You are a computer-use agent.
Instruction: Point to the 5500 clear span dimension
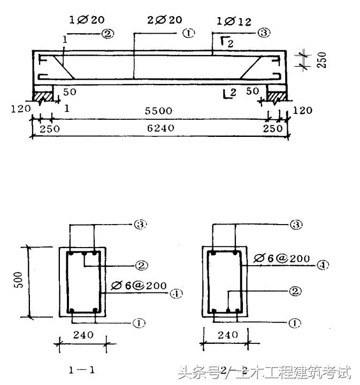click(x=159, y=111)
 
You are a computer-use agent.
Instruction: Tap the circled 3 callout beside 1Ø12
click(x=263, y=33)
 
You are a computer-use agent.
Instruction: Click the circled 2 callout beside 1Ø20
click(x=108, y=34)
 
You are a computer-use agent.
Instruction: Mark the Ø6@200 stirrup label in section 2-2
click(x=282, y=258)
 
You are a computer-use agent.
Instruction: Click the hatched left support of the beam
click(x=43, y=95)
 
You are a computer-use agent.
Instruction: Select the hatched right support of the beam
click(x=277, y=95)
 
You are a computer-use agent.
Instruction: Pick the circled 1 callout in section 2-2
click(x=295, y=323)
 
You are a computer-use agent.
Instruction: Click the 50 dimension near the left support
click(x=70, y=91)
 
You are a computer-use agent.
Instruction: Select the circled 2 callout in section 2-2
click(x=295, y=291)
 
